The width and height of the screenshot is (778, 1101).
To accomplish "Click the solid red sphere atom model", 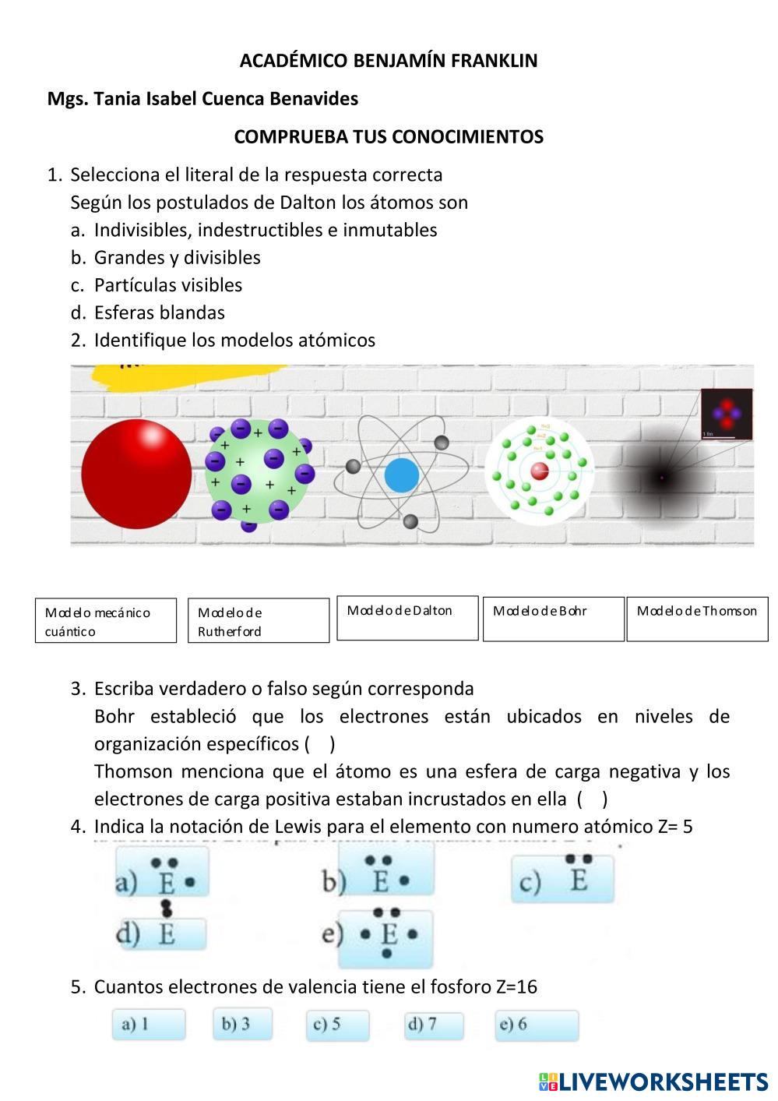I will click(x=136, y=474).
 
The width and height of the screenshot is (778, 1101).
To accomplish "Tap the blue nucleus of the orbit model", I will click(x=402, y=475).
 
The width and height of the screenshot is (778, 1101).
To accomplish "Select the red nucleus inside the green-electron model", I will click(x=540, y=471).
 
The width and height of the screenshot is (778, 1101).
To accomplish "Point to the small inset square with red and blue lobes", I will click(x=727, y=414).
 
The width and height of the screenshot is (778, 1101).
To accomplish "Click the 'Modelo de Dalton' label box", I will click(x=407, y=618).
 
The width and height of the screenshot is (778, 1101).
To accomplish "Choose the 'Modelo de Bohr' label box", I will click(x=553, y=619).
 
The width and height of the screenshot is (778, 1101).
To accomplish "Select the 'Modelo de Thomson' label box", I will click(x=697, y=619).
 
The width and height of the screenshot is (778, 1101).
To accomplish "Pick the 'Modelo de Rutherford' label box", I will click(x=259, y=621).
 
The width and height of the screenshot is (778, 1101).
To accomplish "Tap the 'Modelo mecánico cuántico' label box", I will click(x=106, y=621).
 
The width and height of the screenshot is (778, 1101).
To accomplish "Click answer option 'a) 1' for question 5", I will click(x=148, y=1024).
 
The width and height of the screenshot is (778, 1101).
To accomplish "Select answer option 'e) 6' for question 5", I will click(x=537, y=1025).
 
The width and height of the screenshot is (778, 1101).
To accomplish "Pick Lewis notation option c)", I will click(x=562, y=878).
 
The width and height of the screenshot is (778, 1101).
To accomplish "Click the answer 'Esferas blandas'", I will click(x=159, y=312).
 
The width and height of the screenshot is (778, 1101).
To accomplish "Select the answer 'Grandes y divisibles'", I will click(x=177, y=257).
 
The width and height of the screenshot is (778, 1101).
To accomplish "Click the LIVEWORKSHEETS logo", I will click(x=653, y=1082).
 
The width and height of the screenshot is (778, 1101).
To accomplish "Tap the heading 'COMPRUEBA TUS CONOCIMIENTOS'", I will click(x=389, y=136).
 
